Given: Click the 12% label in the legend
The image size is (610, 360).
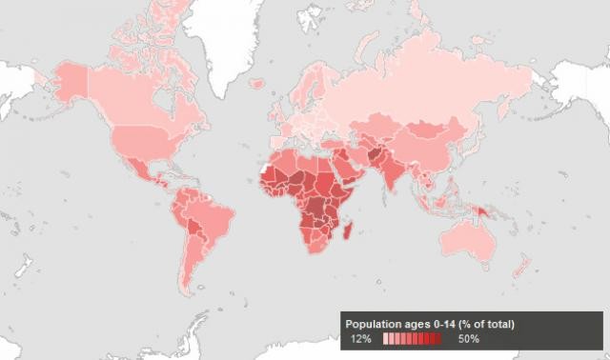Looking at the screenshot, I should click(x=360, y=339).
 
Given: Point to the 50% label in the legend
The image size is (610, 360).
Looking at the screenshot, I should click(x=468, y=339).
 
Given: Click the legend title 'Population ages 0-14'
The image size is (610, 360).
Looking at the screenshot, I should click(x=430, y=325).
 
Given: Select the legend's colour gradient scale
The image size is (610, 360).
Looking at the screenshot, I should click(x=412, y=339).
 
